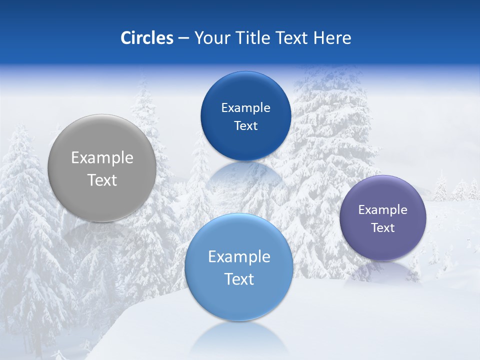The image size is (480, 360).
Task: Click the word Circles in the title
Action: (x=147, y=38)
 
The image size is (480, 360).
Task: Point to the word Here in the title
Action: (x=332, y=38)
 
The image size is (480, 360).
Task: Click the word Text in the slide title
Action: (x=292, y=38)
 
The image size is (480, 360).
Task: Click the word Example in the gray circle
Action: (x=102, y=158)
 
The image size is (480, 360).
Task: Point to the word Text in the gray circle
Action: (x=102, y=180)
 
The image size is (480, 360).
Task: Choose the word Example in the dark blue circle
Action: (x=245, y=108)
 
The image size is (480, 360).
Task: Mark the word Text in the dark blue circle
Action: (x=245, y=126)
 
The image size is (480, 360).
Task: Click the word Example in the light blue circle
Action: (x=239, y=257)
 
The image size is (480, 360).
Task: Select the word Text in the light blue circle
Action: (x=239, y=279)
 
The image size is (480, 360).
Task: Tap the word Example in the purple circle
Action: (x=383, y=210)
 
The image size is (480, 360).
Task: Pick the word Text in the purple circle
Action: (x=383, y=228)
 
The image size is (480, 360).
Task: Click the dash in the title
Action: (x=183, y=38)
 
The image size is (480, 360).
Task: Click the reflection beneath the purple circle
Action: (x=383, y=270)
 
